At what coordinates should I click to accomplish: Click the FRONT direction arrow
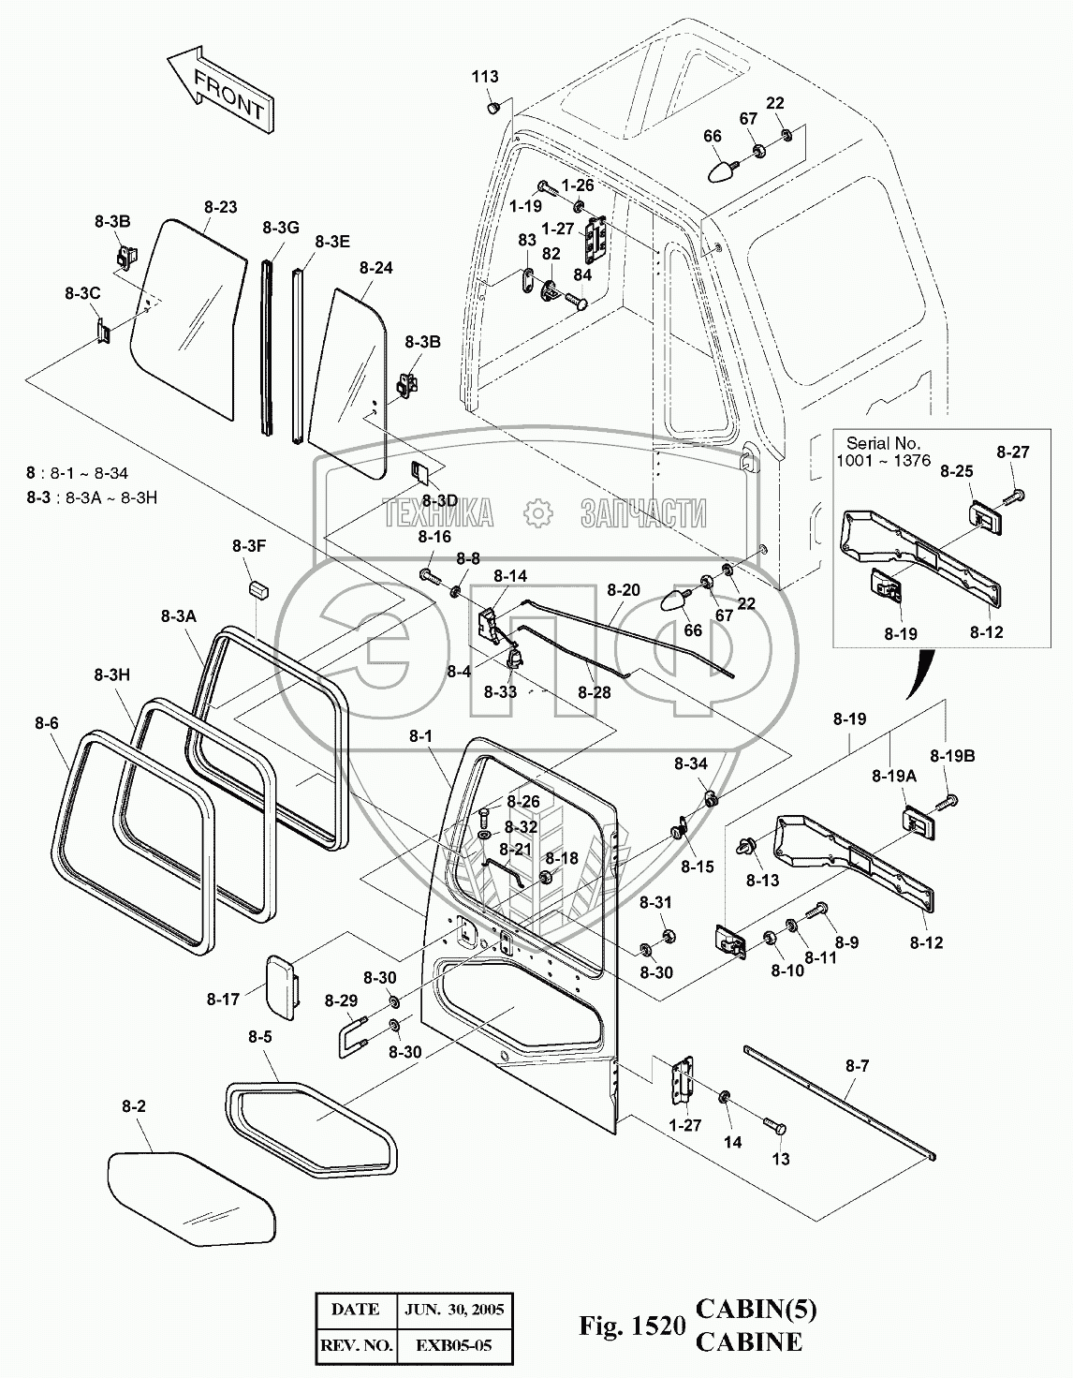221,89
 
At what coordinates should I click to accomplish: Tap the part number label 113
485,77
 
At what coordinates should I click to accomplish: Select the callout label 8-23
221,207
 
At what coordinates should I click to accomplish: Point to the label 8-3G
281,228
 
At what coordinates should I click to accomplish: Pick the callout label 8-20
624,590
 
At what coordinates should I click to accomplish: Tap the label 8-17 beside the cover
223,1000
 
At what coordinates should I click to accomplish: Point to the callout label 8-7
857,1066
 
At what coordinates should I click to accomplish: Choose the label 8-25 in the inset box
956,471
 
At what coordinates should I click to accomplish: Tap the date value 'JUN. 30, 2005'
454,1310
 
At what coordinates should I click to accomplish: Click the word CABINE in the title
749,1341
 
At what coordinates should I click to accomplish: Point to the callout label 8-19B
952,756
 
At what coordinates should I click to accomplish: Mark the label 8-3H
112,674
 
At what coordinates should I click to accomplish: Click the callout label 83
527,240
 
